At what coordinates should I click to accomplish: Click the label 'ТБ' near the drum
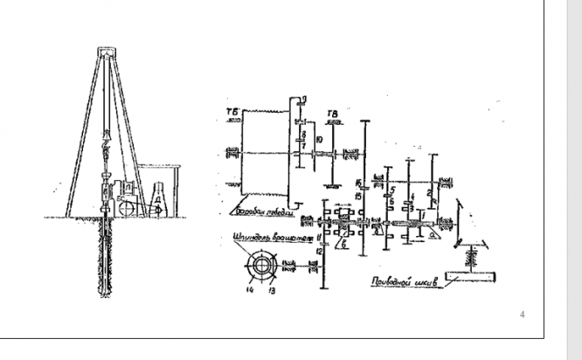(232, 114)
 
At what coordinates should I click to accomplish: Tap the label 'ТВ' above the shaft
(332, 114)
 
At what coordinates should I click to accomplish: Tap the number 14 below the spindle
(248, 289)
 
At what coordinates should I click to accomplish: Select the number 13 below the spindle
(270, 289)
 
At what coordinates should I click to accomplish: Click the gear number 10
(320, 140)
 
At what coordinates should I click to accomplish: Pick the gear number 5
(394, 189)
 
